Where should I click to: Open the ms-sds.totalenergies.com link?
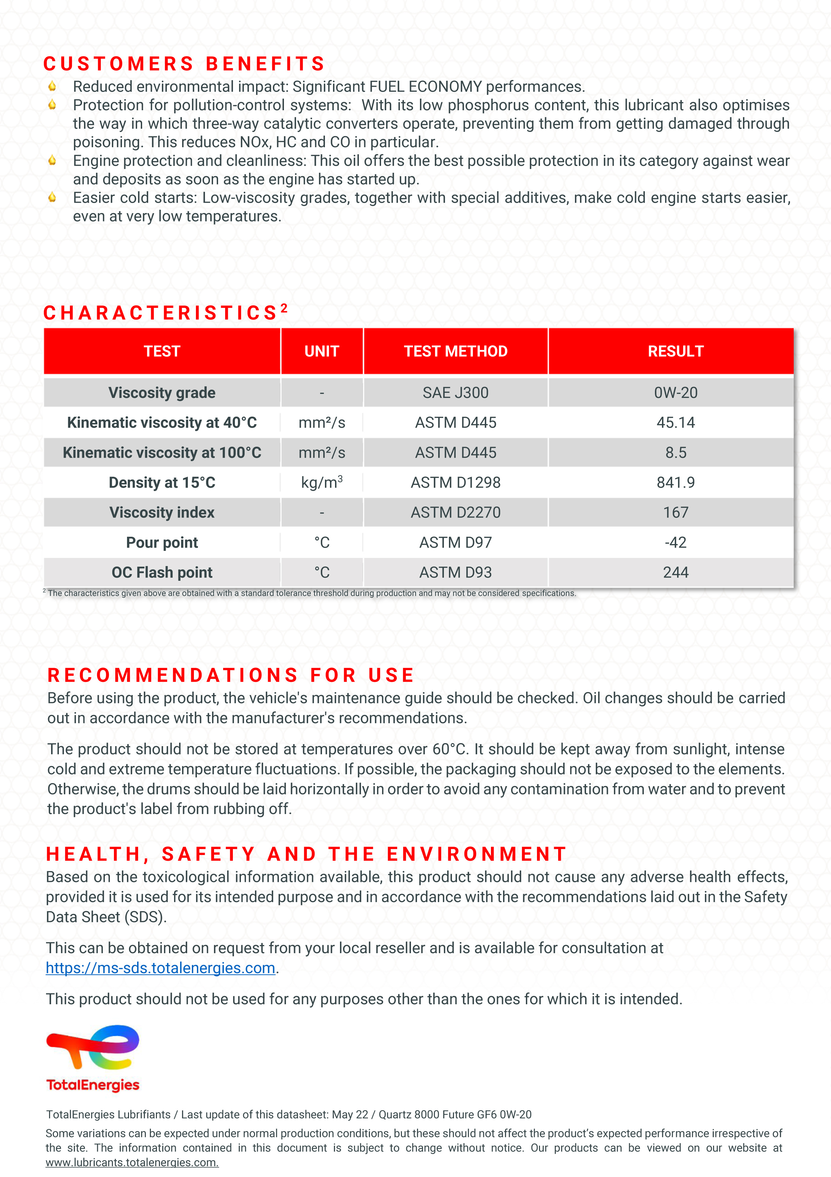coord(161,968)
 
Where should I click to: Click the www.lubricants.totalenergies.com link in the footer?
coord(132,1163)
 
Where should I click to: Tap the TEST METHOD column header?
coord(455,351)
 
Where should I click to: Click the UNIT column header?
coord(322,351)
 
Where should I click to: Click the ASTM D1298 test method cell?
coord(455,482)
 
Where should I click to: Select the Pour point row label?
coord(162,542)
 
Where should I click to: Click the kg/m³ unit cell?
coord(322,482)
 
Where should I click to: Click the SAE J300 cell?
coord(455,393)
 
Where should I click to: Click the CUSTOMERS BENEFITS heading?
coord(184,64)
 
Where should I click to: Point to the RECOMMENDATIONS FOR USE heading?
coord(231,675)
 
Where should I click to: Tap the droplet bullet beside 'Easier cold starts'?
coord(52,197)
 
